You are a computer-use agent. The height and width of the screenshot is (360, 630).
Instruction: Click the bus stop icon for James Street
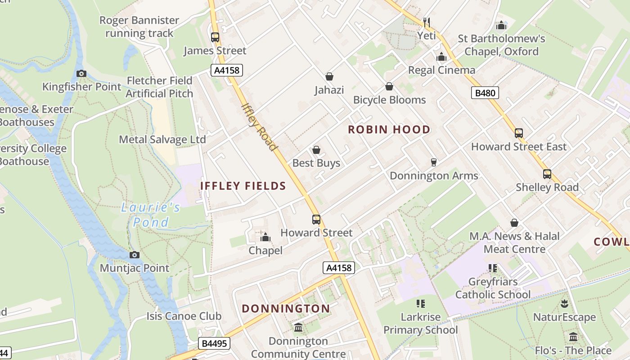[215, 37]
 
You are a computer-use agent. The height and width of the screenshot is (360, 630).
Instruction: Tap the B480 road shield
[485, 93]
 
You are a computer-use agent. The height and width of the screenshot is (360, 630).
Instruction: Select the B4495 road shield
[214, 344]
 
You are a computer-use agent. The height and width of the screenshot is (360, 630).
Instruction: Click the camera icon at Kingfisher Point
[81, 73]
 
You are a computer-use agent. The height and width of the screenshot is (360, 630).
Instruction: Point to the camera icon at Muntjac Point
[134, 255]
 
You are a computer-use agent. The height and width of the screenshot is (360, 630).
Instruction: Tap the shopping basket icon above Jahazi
[329, 77]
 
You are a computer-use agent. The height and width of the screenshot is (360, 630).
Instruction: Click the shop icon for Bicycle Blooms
[389, 86]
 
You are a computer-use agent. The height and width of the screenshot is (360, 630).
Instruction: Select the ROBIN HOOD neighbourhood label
[389, 130]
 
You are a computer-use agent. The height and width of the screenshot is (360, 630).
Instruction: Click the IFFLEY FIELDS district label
[243, 186]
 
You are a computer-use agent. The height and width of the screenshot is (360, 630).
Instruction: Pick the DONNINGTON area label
[286, 309]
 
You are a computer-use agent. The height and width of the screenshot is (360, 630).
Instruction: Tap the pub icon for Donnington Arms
[434, 162]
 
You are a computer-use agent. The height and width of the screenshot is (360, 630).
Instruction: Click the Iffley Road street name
[259, 127]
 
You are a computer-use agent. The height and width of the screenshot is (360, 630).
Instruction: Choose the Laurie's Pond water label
[151, 215]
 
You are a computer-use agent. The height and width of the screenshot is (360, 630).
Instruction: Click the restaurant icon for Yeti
[427, 22]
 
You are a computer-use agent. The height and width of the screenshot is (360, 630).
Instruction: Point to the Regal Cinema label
[441, 70]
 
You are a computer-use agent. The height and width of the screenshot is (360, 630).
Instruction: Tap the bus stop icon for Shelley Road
[547, 174]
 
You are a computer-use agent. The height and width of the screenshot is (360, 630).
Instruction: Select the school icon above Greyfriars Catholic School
[493, 268]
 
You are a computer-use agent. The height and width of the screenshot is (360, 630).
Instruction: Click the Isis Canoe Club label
[184, 316]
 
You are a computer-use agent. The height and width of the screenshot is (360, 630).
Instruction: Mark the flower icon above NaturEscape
[564, 304]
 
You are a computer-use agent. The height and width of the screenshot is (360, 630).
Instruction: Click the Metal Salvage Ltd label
[162, 139]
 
